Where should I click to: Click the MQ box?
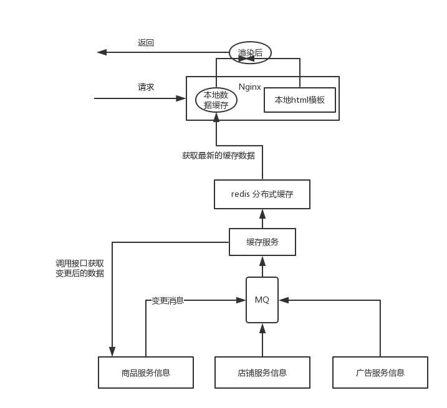click(x=262, y=300)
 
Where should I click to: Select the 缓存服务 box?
click(x=262, y=242)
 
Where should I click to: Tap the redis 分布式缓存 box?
click(x=262, y=194)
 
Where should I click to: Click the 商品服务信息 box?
click(x=146, y=372)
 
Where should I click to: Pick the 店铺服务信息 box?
click(x=262, y=372)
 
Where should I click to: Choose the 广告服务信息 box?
click(x=380, y=372)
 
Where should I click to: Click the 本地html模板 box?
click(x=300, y=100)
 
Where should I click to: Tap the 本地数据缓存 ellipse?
click(x=216, y=100)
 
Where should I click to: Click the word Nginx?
click(x=250, y=87)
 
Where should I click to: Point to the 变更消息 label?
click(x=168, y=300)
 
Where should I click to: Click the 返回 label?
click(x=146, y=43)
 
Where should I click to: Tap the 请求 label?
click(x=146, y=87)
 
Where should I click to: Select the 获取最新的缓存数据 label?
click(x=218, y=156)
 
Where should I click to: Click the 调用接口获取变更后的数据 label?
click(x=80, y=268)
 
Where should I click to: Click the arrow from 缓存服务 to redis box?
click(x=262, y=219)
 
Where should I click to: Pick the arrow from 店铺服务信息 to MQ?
click(x=262, y=339)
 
